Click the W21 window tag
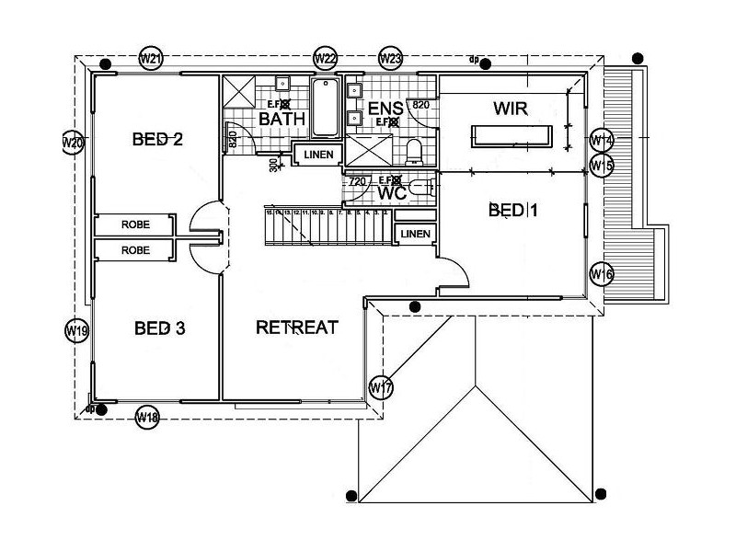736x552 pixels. click(152, 59)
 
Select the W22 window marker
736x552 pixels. click(325, 59)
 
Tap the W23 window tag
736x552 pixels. click(390, 59)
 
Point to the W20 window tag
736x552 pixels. click(73, 143)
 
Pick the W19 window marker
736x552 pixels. click(77, 331)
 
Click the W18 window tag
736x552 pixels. click(147, 417)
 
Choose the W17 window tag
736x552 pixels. click(381, 387)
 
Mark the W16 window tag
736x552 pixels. click(602, 274)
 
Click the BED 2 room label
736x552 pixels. click(157, 140)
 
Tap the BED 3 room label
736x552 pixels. click(160, 328)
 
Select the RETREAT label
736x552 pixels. click(297, 327)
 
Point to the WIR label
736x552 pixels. click(512, 109)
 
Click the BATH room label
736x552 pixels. click(282, 120)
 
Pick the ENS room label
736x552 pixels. click(385, 109)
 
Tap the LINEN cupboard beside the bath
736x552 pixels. click(318, 155)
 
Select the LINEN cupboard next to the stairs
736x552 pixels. click(416, 235)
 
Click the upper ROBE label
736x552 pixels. click(135, 224)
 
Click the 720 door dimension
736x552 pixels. click(359, 182)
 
